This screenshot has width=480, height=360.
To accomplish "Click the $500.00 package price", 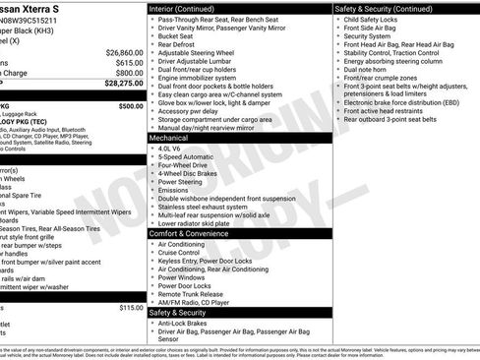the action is click(x=130, y=105).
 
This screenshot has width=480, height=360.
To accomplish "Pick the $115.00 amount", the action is click(x=130, y=308).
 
